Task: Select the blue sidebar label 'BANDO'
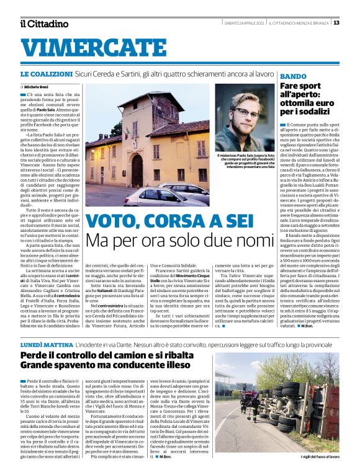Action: tap(292, 76)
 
